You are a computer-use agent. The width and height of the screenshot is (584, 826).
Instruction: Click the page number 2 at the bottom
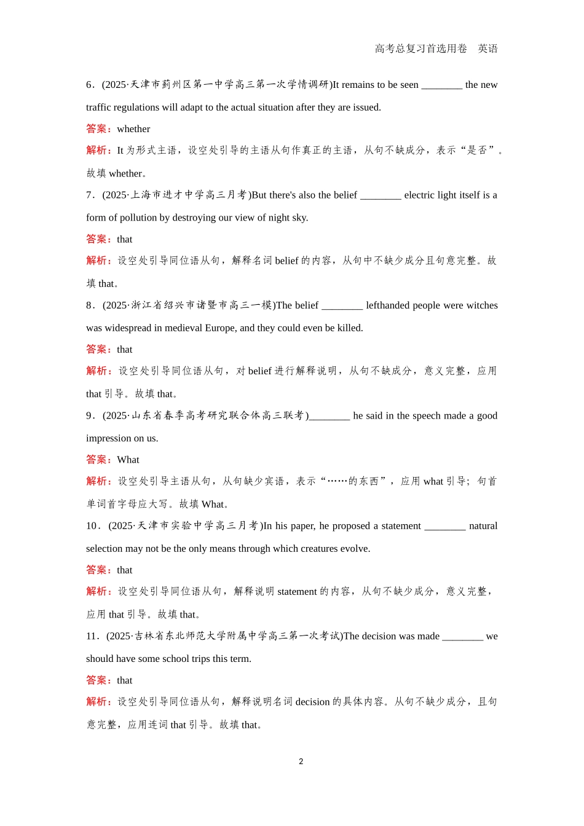(301, 761)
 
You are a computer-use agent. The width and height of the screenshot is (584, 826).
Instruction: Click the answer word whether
(133, 129)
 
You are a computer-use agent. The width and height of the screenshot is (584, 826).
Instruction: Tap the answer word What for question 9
(128, 460)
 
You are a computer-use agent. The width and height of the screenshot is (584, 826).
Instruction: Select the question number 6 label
(90, 85)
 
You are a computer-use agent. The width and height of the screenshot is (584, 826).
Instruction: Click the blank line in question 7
(381, 196)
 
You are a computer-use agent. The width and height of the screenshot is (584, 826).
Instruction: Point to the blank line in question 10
(445, 527)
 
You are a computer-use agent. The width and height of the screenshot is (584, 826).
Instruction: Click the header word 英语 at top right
(487, 49)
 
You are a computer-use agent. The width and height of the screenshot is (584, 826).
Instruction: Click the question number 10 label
(92, 526)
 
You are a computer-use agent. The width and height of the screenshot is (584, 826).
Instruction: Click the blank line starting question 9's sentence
(329, 417)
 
